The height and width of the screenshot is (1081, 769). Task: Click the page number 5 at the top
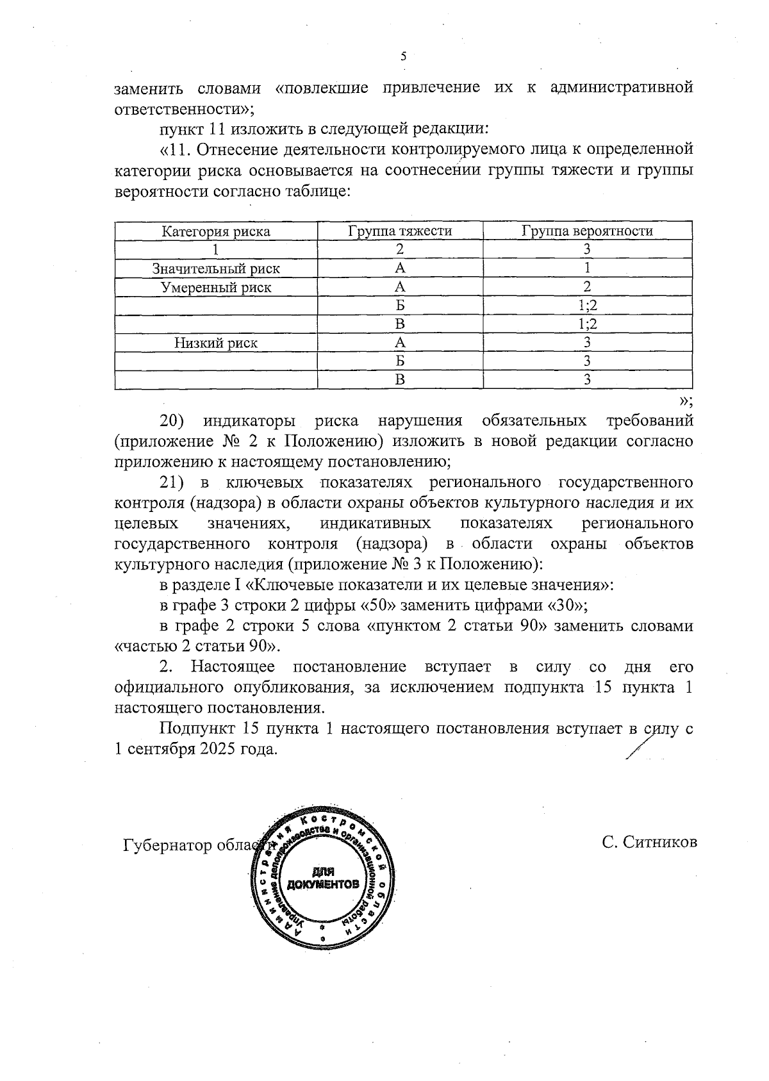click(403, 56)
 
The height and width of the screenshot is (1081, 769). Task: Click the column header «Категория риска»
click(215, 231)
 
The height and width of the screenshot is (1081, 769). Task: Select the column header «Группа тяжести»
click(400, 231)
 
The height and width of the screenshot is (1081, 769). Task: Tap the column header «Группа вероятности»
click(587, 231)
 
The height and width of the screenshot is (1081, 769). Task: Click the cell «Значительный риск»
click(215, 269)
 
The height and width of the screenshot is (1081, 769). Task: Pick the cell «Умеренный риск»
click(215, 288)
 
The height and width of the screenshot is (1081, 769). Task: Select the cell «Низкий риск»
click(216, 343)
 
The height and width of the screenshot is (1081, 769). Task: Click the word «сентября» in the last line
click(154, 749)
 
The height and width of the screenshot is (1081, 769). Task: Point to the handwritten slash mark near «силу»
click(639, 746)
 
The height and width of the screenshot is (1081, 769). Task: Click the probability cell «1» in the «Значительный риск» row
click(587, 269)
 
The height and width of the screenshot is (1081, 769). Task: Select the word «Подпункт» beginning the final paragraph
click(197, 729)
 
